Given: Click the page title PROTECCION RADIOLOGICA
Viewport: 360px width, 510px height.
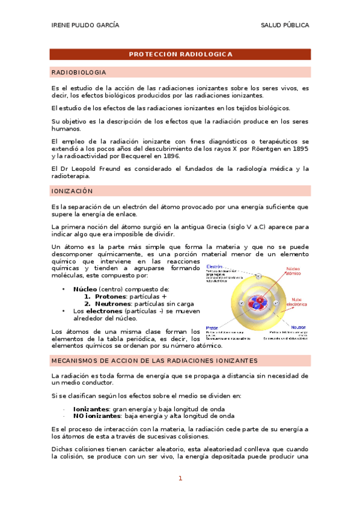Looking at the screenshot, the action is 180,55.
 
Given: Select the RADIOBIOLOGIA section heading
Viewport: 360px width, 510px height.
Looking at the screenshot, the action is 79,73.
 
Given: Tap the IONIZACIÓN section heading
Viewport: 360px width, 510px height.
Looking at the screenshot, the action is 73,191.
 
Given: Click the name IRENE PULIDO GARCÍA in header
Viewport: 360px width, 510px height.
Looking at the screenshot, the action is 86,25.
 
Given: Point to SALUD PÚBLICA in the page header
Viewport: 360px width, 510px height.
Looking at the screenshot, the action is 285,25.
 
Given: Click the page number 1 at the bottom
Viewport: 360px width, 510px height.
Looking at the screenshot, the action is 180,479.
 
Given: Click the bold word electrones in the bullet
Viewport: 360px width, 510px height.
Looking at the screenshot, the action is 104,312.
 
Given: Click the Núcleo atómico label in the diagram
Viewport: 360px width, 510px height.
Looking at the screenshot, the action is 293,271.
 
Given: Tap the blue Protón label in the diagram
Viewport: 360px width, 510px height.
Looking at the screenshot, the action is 212,328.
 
